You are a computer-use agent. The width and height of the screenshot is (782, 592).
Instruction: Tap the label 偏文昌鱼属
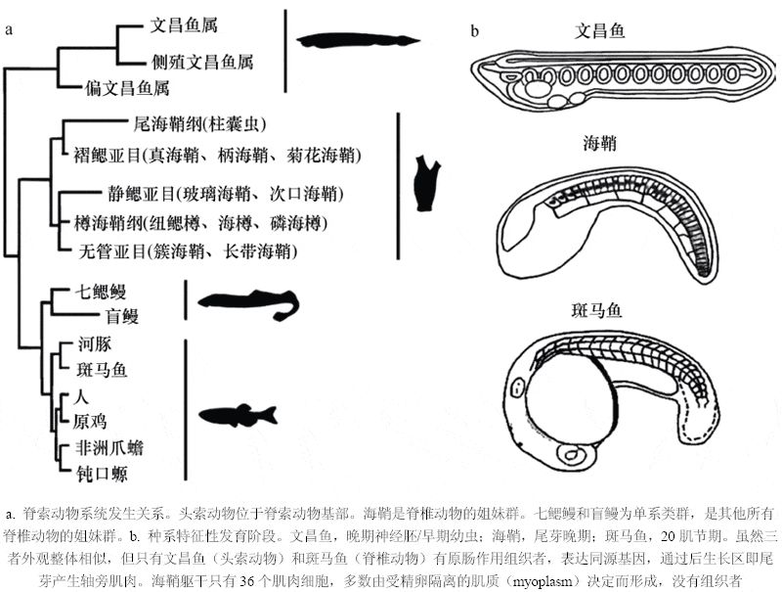tap(128, 89)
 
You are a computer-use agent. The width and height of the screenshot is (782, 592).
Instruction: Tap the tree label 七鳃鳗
tap(103, 291)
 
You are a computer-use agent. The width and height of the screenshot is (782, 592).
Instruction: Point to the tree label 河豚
tap(95, 344)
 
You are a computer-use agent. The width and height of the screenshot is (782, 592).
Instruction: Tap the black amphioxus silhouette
tap(358, 41)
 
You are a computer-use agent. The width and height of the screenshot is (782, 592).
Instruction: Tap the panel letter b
tap(475, 29)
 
